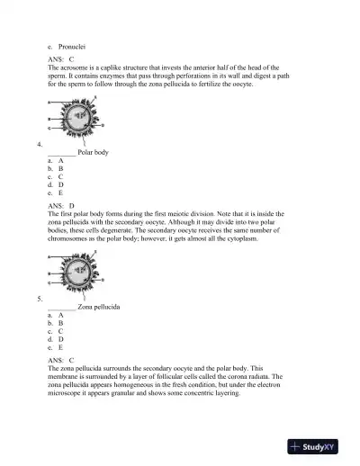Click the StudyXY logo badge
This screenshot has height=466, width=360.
coord(318,446)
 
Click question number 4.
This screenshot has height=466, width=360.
coord(39,144)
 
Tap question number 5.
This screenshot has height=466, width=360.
coord(39,298)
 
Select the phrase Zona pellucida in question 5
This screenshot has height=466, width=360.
coord(99,307)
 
